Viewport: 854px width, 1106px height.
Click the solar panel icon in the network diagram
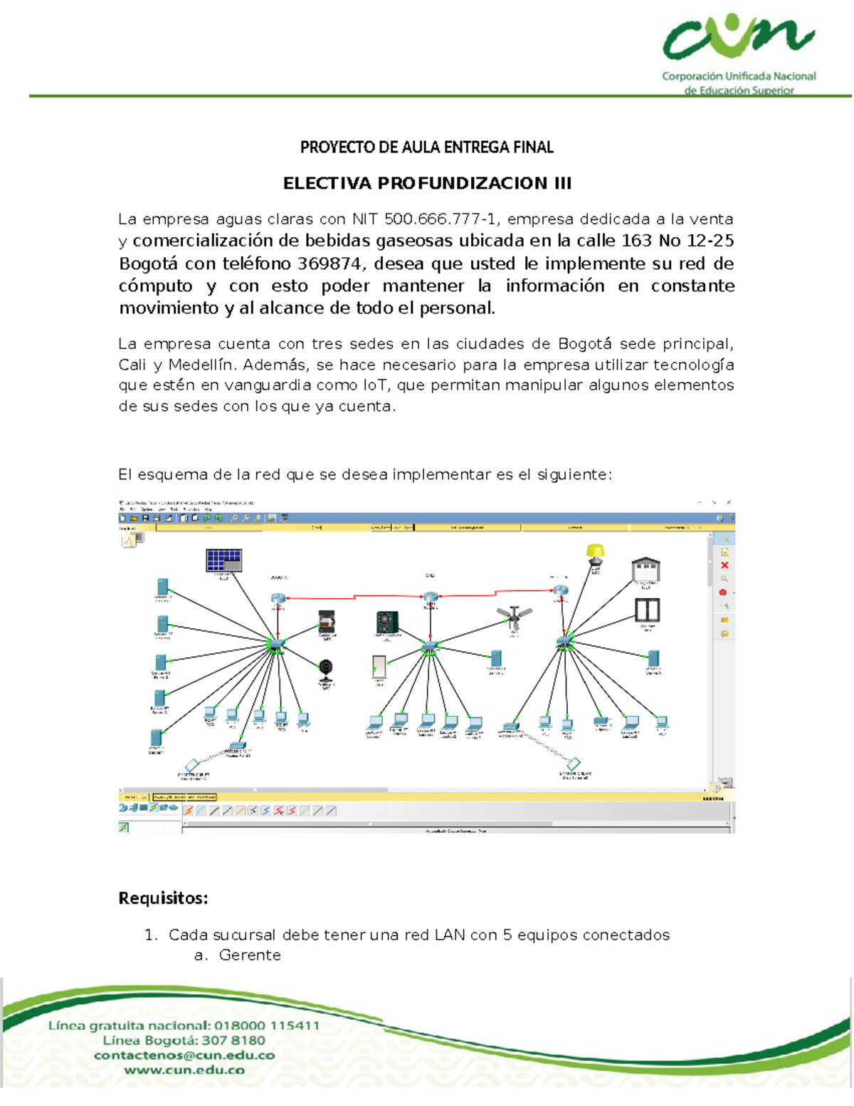click(x=223, y=560)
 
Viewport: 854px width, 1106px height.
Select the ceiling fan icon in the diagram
click(x=514, y=617)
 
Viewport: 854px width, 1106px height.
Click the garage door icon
click(x=645, y=570)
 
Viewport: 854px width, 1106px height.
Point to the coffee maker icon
click(x=327, y=620)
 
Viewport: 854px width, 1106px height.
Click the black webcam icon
click(x=325, y=670)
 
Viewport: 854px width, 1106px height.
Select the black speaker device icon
click(x=387, y=622)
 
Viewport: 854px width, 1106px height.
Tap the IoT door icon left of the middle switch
click(x=379, y=667)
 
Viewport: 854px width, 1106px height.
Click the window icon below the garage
click(x=647, y=610)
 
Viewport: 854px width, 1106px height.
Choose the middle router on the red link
click(x=430, y=598)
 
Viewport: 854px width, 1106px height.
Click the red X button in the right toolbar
click(x=724, y=565)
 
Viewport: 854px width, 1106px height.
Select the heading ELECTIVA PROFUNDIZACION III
click(x=427, y=184)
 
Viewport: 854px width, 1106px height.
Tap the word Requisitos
click(x=163, y=898)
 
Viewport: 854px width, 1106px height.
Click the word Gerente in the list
click(x=250, y=956)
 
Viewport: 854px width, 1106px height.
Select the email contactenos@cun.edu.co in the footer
click(x=184, y=1055)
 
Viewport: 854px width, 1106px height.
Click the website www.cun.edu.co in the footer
click(x=184, y=1070)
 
